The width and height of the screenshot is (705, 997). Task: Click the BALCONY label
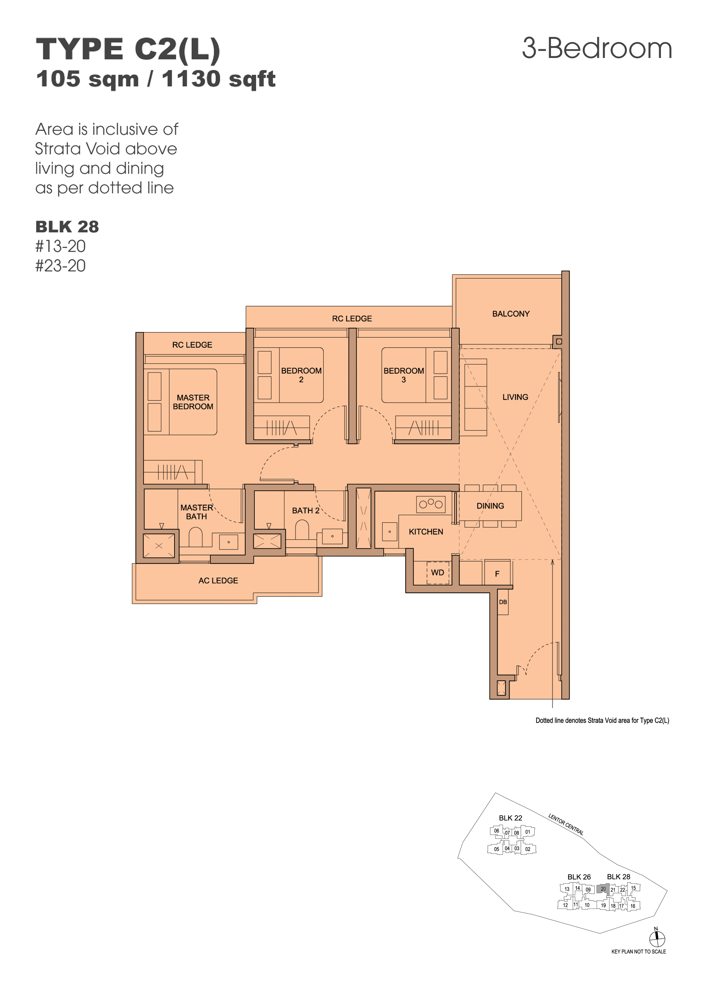click(511, 314)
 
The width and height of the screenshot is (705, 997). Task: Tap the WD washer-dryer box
click(437, 573)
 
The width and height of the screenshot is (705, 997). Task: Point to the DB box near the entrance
click(503, 602)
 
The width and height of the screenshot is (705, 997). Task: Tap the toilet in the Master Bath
click(196, 537)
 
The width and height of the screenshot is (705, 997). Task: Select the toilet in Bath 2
click(302, 530)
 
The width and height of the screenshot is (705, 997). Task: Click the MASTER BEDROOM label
click(193, 402)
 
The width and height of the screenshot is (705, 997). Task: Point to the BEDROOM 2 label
click(301, 375)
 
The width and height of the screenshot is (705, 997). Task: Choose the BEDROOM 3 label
click(404, 375)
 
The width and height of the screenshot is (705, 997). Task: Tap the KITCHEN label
click(426, 532)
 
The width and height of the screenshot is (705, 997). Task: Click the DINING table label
click(490, 506)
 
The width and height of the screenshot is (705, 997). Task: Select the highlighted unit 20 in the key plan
click(603, 889)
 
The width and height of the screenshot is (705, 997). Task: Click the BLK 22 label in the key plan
click(510, 818)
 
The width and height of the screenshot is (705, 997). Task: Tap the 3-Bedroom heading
click(597, 48)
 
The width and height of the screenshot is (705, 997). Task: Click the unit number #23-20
click(60, 266)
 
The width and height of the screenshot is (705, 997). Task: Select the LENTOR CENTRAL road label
click(566, 824)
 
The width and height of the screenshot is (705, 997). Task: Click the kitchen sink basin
click(390, 531)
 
